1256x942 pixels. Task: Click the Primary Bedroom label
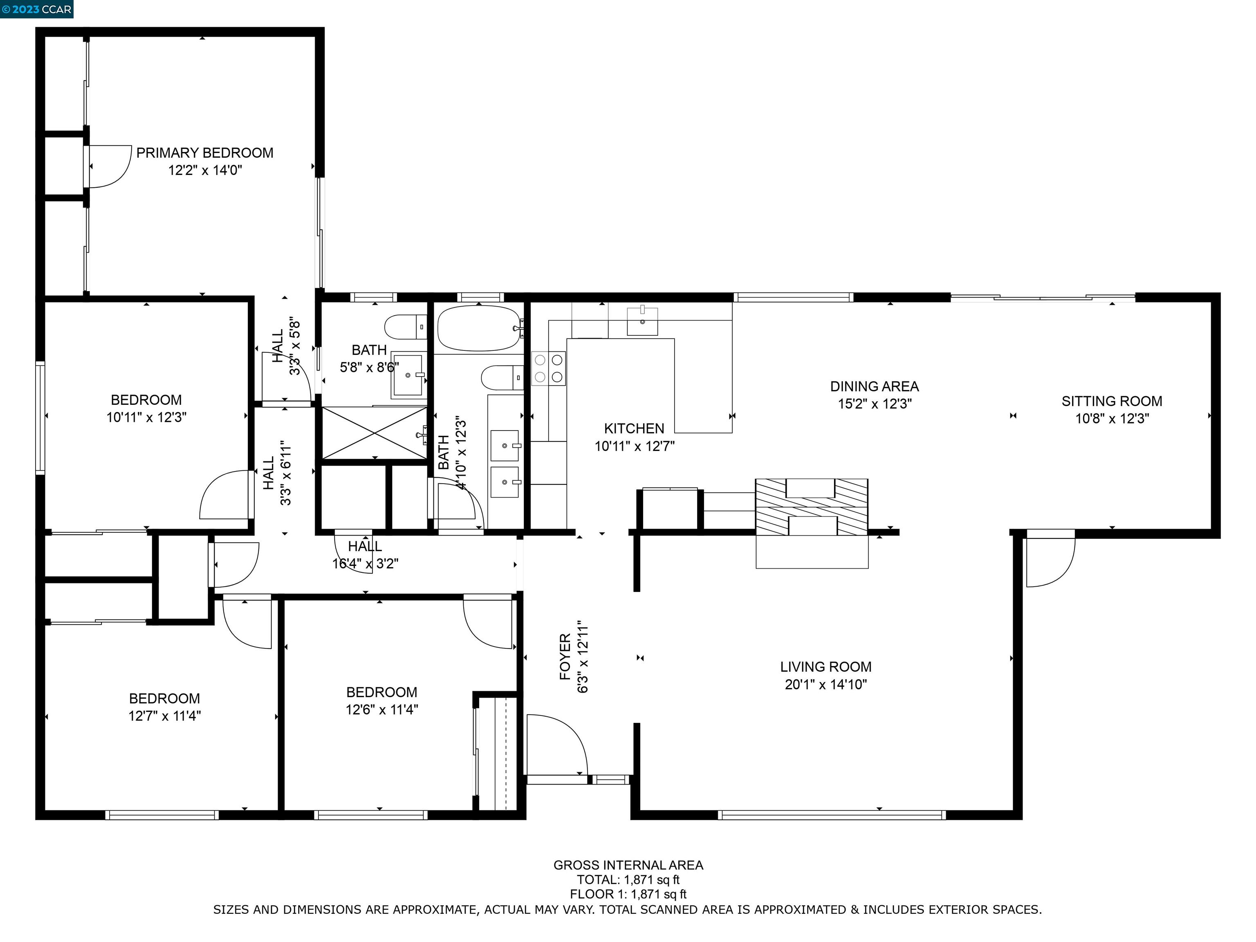(204, 153)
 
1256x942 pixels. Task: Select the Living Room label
(825, 666)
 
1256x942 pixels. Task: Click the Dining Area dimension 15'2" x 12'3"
(875, 404)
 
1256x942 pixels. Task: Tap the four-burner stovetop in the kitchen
(549, 368)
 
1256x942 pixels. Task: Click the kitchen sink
(642, 321)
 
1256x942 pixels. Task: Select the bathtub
(479, 328)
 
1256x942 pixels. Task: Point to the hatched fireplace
(812, 507)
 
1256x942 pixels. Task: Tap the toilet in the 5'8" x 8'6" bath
(406, 327)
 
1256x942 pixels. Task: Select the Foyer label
(565, 657)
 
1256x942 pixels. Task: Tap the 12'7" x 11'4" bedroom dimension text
(165, 716)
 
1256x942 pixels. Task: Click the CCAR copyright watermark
(37, 9)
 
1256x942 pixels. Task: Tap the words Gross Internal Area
(628, 866)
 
